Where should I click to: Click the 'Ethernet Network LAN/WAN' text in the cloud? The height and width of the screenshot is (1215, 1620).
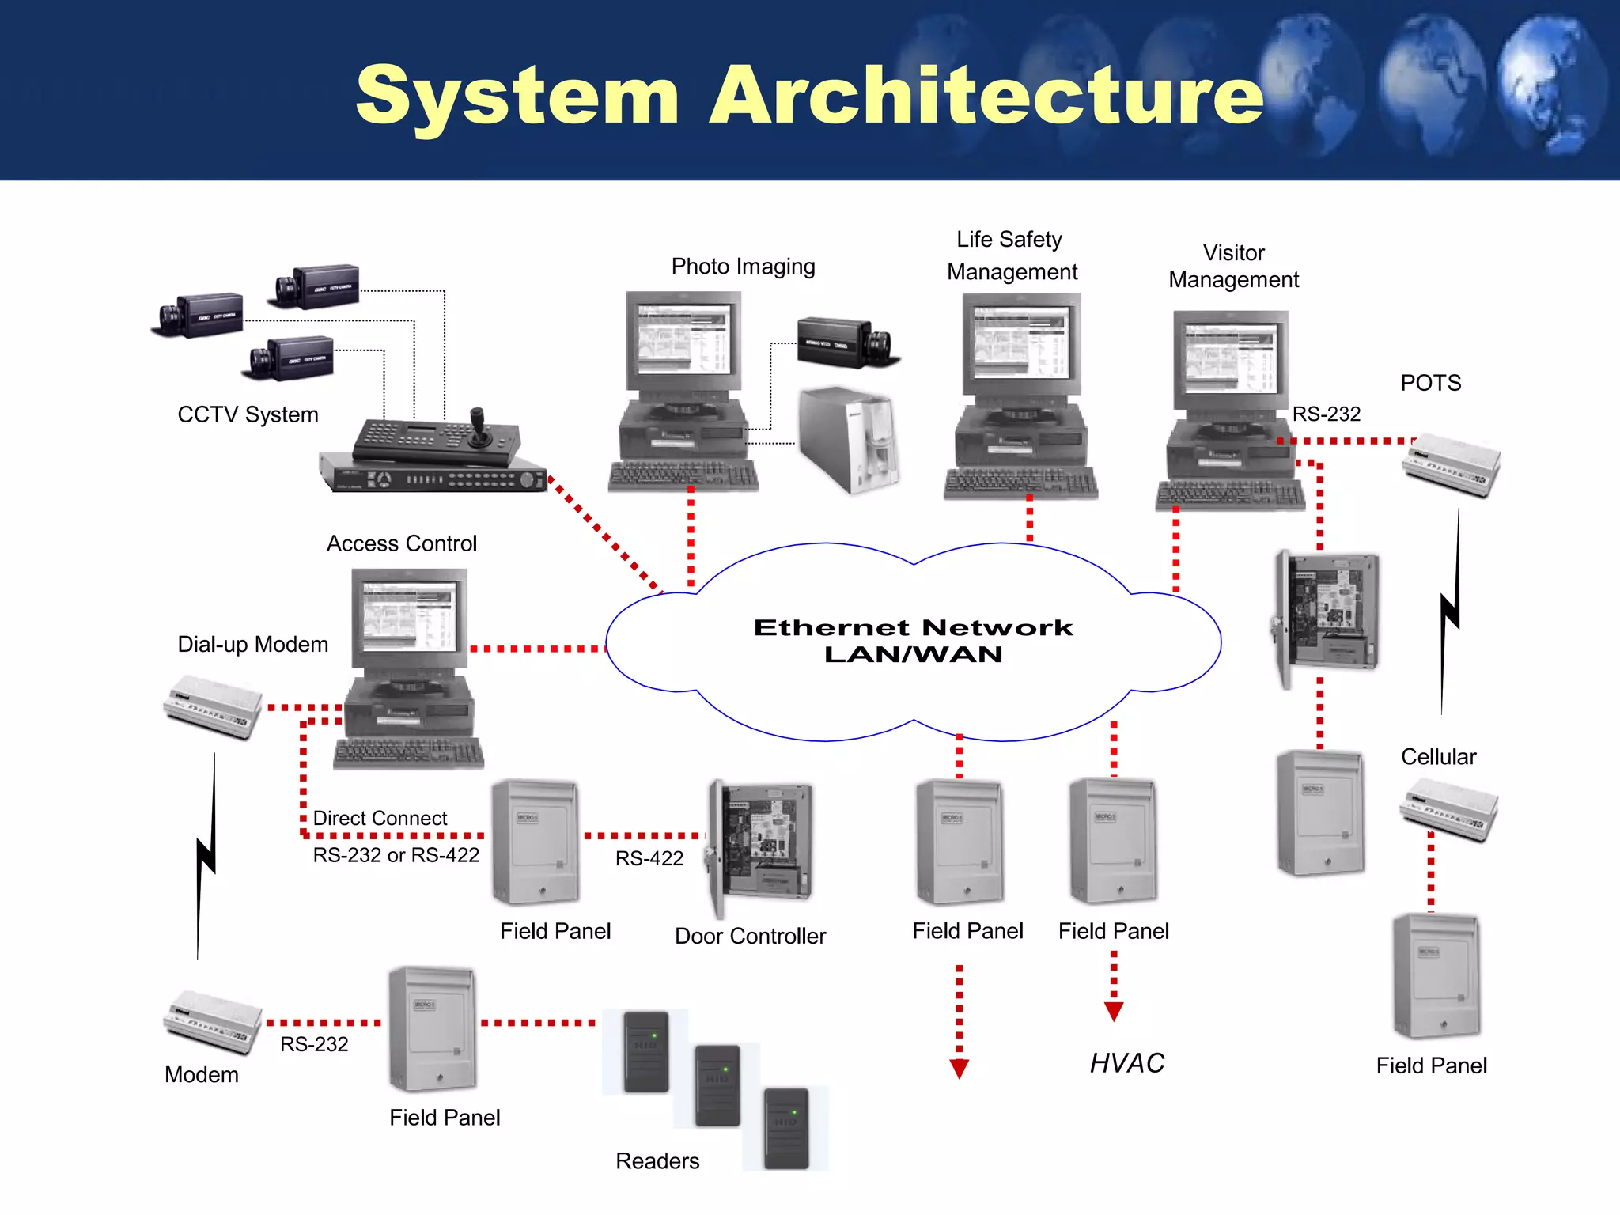913,641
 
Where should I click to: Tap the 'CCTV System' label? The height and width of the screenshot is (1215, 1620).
248,414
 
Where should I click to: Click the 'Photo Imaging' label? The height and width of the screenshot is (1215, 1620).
743,267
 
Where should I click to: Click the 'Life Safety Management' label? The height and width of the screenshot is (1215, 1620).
1011,255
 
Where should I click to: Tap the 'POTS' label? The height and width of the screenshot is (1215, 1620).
1430,383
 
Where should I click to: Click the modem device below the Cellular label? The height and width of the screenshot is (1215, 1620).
1449,808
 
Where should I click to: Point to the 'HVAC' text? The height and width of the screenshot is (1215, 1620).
1127,1063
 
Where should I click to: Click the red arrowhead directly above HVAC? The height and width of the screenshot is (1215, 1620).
1114,1012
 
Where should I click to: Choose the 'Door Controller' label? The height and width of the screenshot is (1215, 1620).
750,936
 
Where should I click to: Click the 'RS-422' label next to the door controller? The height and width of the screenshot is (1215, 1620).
649,858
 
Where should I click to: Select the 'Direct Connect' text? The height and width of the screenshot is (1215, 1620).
380,818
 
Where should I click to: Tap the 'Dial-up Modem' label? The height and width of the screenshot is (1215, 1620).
252,645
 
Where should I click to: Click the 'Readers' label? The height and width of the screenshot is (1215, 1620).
657,1160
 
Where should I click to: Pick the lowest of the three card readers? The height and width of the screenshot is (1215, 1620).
785,1129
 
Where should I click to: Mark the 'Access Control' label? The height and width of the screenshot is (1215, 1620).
402,543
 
